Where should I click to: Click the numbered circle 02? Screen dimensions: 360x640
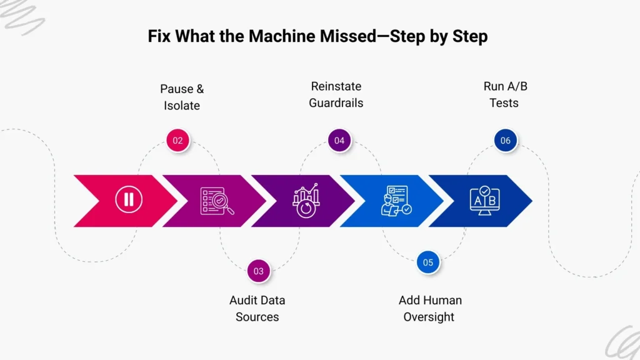point(178,141)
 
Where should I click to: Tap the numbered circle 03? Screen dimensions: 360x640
point(259,271)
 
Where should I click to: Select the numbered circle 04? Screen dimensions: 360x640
point(339,141)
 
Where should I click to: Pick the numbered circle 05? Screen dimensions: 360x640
point(428,262)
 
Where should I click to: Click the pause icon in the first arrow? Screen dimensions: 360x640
point(129,200)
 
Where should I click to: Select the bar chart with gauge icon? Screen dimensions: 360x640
point(306,201)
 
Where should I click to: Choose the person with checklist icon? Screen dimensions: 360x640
point(396,201)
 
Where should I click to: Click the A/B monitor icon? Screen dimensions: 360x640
point(484,201)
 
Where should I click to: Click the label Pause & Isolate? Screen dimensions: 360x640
point(182,97)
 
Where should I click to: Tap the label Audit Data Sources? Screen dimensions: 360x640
point(257,308)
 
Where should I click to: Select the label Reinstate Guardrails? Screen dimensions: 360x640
point(336,94)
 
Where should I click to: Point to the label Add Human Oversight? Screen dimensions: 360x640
point(429,308)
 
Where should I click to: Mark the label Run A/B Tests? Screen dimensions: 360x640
point(505,94)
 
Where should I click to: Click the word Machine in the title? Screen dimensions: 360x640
point(277,36)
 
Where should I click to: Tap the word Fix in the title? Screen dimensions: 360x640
point(159,36)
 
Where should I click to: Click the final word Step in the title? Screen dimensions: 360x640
point(469,36)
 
